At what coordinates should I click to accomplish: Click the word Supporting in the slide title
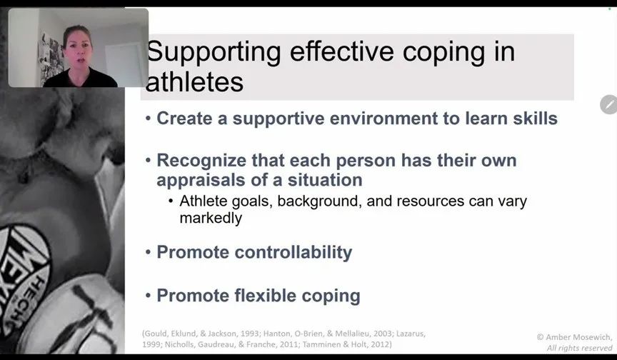[x=214, y=52]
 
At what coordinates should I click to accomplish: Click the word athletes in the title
[x=194, y=82]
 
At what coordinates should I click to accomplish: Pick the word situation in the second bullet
[x=325, y=180]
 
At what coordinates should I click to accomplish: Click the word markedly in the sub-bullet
[x=211, y=218]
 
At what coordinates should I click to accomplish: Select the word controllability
[x=294, y=253]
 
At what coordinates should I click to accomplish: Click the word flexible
[x=265, y=296]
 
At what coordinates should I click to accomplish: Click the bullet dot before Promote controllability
[x=148, y=252]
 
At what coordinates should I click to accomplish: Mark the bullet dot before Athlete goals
[x=171, y=201]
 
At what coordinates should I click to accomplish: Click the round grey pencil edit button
[x=608, y=105]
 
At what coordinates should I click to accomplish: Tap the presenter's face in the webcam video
[x=79, y=51]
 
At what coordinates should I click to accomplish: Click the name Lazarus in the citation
[x=411, y=334]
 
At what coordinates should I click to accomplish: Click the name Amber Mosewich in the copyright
[x=578, y=337]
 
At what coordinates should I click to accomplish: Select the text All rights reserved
[x=580, y=348]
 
